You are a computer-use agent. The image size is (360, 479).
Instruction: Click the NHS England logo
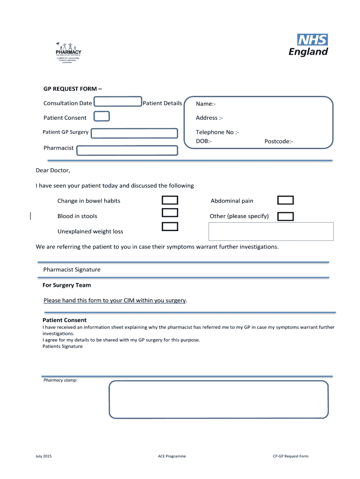pyautogui.click(x=309, y=45)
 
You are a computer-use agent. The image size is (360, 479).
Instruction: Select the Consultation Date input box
pyautogui.click(x=118, y=102)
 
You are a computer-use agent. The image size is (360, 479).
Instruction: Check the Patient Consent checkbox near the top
pyautogui.click(x=102, y=116)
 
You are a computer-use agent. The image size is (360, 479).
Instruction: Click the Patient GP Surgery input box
pyautogui.click(x=134, y=133)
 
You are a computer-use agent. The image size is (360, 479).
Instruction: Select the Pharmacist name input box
pyautogui.click(x=127, y=150)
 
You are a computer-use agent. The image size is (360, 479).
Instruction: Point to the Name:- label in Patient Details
pyautogui.click(x=206, y=104)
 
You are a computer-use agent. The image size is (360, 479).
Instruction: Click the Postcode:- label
pyautogui.click(x=279, y=141)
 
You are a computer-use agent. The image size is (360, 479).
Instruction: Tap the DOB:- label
pyautogui.click(x=204, y=141)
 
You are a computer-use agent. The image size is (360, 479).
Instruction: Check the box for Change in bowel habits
pyautogui.click(x=170, y=201)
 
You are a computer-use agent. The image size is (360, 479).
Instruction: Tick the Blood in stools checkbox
pyautogui.click(x=170, y=213)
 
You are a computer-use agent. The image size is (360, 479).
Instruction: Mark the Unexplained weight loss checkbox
pyautogui.click(x=170, y=227)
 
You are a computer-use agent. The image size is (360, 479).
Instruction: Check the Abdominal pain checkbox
pyautogui.click(x=285, y=201)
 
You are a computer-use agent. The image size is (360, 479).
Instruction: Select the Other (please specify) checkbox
pyautogui.click(x=285, y=217)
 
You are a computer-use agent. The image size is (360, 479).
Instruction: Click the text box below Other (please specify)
pyautogui.click(x=271, y=232)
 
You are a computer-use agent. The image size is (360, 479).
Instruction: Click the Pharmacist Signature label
pyautogui.click(x=72, y=270)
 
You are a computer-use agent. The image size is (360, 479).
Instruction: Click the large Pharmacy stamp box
pyautogui.click(x=218, y=399)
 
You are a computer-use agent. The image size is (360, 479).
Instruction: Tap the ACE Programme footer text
pyautogui.click(x=172, y=456)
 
